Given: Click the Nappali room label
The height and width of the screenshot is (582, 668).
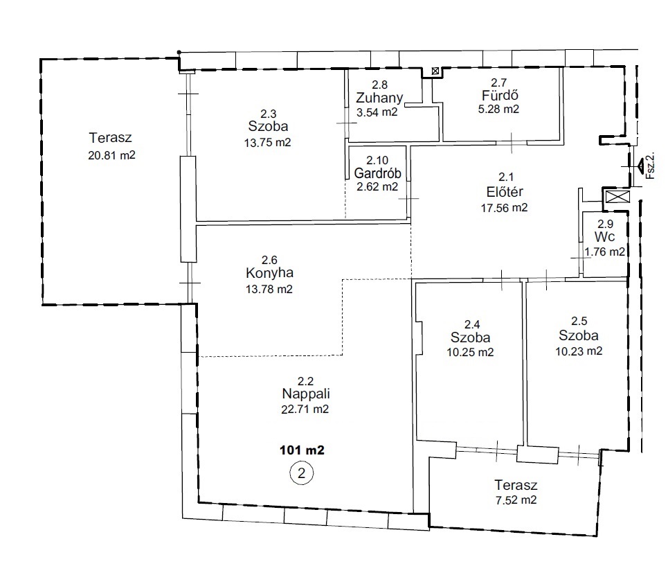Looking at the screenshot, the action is pyautogui.click(x=306, y=394).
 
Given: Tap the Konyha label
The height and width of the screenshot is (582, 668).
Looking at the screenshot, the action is pyautogui.click(x=270, y=273).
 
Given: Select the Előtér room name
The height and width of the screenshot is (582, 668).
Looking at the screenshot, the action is pyautogui.click(x=505, y=192).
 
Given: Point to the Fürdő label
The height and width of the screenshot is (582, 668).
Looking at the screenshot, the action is pyautogui.click(x=500, y=95).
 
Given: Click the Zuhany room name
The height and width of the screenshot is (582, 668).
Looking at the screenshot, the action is pyautogui.click(x=379, y=98).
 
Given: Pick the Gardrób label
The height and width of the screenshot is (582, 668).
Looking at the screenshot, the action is pyautogui.click(x=377, y=173).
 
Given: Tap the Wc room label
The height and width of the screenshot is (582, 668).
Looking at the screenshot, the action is pyautogui.click(x=604, y=237).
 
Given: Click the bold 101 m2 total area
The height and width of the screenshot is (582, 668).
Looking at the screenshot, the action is pyautogui.click(x=302, y=450).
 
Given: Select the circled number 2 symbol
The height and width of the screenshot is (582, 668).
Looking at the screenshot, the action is pyautogui.click(x=302, y=473).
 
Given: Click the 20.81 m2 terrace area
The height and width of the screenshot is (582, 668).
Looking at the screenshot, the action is pyautogui.click(x=111, y=155).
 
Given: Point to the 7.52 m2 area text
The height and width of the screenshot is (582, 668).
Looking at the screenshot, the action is pyautogui.click(x=516, y=500).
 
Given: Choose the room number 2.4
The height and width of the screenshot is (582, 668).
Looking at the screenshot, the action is pyautogui.click(x=472, y=324).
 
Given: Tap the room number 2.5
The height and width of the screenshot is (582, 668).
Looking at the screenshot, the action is pyautogui.click(x=579, y=321).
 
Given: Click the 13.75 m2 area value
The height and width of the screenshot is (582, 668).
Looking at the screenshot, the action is pyautogui.click(x=267, y=143).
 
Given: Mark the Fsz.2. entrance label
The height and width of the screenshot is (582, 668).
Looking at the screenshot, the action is pyautogui.click(x=650, y=166).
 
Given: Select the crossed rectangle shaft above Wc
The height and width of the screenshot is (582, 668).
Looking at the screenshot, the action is pyautogui.click(x=617, y=197).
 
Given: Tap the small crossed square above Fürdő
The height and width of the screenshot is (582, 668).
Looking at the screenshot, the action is pyautogui.click(x=435, y=71).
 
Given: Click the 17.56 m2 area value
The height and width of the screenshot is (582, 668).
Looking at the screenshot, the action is pyautogui.click(x=505, y=208).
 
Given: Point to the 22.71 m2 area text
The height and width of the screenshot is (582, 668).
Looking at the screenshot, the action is pyautogui.click(x=305, y=409).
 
